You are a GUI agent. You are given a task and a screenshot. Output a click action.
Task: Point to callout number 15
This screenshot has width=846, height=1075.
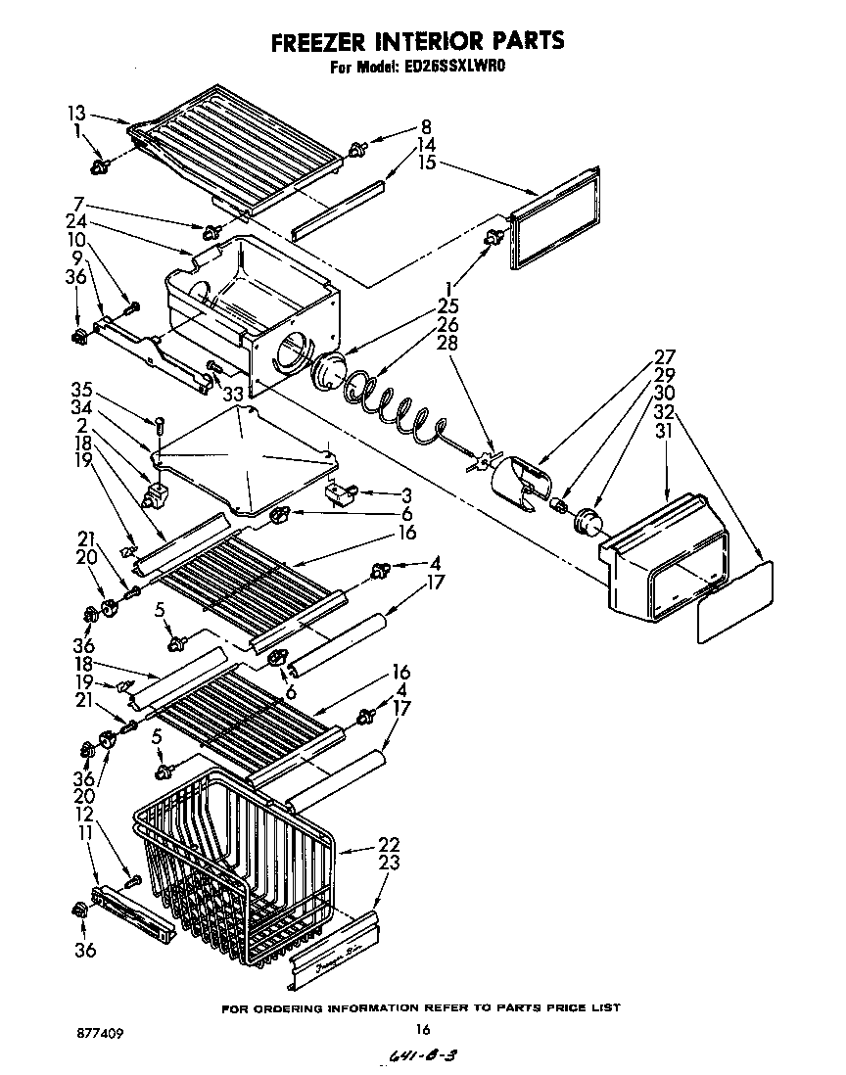click(x=426, y=162)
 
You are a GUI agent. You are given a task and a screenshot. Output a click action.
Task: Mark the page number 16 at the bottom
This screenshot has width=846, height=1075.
click(x=423, y=1029)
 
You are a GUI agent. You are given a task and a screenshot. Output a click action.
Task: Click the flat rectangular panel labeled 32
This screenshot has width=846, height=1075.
click(x=735, y=602)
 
